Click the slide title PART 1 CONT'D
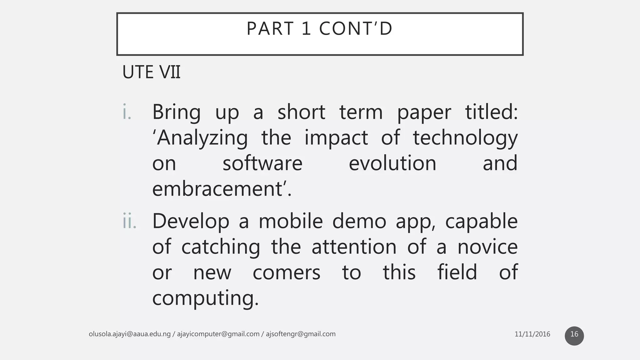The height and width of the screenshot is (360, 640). coord(319,29)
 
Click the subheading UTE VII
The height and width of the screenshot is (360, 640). coord(152,72)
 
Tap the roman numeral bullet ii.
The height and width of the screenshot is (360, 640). coord(129,221)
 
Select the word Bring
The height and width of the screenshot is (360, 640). coord(176,112)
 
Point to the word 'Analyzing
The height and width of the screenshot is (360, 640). coord(200,138)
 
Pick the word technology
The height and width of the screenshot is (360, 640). coord(465,138)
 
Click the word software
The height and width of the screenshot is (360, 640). coord(262,163)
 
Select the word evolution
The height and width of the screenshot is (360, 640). coord(392,163)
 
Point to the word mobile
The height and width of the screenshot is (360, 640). coord(291,221)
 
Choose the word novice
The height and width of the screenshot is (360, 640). coord(487,247)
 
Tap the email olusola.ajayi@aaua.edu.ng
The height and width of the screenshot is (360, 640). coord(130,334)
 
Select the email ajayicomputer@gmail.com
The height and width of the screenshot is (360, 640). coord(218,334)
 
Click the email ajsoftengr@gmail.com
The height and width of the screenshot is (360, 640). coord(301,334)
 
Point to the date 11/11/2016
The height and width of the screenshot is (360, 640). coord(532,334)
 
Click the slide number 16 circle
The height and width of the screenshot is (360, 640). coord(574,336)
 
